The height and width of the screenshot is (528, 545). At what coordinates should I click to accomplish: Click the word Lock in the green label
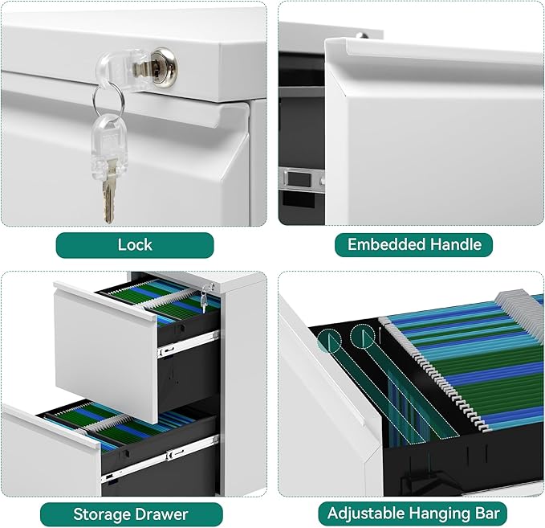(x=135, y=245)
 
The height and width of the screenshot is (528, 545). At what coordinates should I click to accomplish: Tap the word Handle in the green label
(x=458, y=245)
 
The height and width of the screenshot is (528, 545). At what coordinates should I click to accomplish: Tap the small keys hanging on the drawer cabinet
(x=205, y=299)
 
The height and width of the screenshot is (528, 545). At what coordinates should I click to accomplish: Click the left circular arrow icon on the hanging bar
(x=330, y=341)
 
